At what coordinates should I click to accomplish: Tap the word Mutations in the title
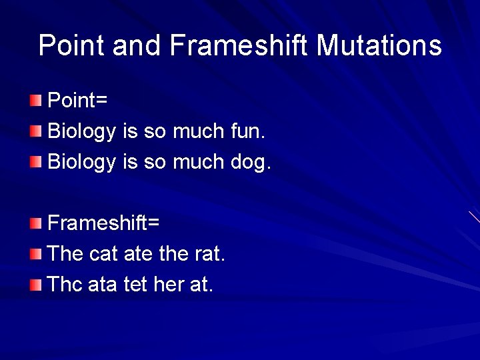(x=379, y=45)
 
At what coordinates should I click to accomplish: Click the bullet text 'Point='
(x=78, y=101)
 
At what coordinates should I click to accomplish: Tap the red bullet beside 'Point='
(x=35, y=101)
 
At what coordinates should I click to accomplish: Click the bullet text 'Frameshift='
(x=103, y=223)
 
